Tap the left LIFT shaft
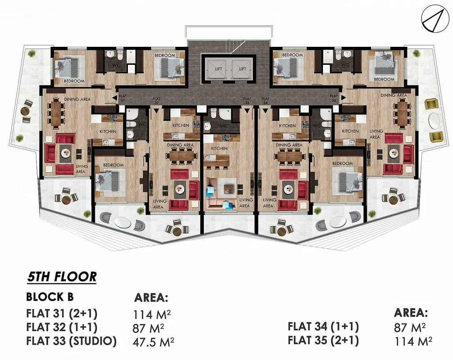click(x=219, y=69)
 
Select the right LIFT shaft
click(x=242, y=69)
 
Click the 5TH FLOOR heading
click(x=62, y=277)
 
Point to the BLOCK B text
click(x=50, y=297)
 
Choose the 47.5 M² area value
click(x=154, y=342)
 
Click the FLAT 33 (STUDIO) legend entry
click(x=71, y=341)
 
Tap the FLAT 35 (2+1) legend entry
click(x=323, y=340)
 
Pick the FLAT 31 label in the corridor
click(x=123, y=98)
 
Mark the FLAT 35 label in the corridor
click(x=334, y=98)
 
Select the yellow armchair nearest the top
click(x=431, y=104)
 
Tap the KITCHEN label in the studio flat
click(x=219, y=148)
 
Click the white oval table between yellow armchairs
click(x=433, y=120)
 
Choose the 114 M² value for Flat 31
click(x=152, y=314)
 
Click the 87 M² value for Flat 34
click(x=410, y=328)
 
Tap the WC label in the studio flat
click(x=223, y=126)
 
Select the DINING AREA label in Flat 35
click(x=394, y=95)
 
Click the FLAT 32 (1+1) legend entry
click(x=62, y=327)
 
